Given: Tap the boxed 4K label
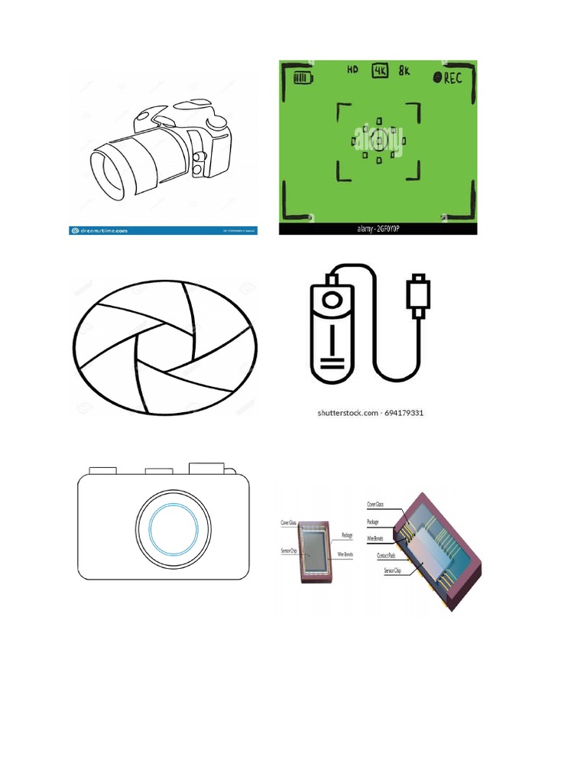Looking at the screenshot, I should (380, 70).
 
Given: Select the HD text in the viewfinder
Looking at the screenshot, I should (352, 70).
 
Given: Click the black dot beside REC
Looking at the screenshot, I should (437, 77).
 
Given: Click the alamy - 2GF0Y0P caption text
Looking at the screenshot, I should (379, 228).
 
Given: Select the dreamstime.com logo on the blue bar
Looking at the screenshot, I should (100, 229).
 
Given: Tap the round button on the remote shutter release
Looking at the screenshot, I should (331, 301).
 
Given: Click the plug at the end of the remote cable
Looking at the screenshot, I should (420, 295).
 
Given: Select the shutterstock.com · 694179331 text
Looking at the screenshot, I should (371, 413).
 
